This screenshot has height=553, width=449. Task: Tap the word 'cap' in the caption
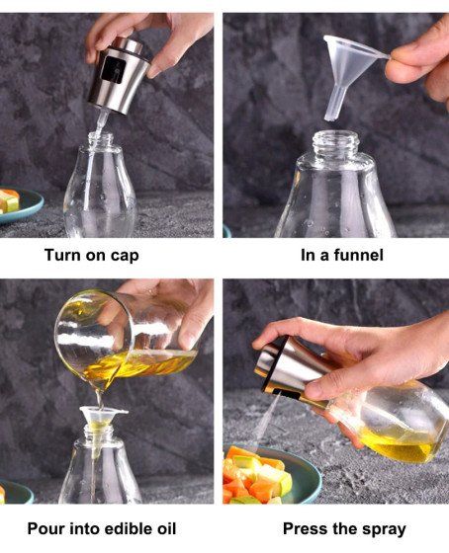coord(125,256)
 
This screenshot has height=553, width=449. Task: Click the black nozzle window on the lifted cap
coord(113,70)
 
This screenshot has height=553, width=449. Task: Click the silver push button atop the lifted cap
coord(128,44)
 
